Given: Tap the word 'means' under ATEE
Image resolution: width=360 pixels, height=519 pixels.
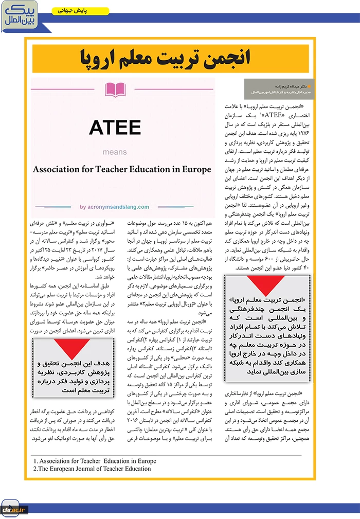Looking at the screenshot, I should (x=115, y=152).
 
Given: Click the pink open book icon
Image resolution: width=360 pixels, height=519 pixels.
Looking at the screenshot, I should (x=115, y=90).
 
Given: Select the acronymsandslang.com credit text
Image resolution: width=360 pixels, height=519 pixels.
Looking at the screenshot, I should (x=114, y=207).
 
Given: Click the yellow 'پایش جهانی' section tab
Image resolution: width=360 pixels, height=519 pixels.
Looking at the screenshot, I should (x=81, y=10).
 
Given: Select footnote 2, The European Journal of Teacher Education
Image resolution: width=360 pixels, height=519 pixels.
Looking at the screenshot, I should (x=92, y=469).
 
